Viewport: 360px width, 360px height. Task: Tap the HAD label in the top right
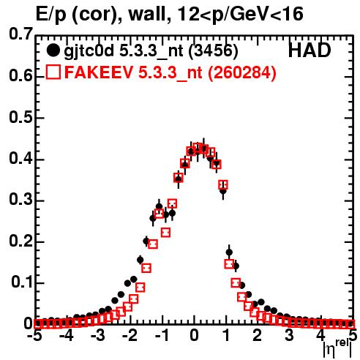pos(310,50)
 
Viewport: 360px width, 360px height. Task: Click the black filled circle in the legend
pos(53,50)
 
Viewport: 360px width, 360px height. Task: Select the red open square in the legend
pos(53,72)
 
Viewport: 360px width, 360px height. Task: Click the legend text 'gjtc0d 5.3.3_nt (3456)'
pos(151,51)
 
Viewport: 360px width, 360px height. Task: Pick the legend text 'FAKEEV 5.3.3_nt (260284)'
pos(170,72)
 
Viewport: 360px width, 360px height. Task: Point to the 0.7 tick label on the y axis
pos(21,34)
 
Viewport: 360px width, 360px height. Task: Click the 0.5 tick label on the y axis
pos(21,117)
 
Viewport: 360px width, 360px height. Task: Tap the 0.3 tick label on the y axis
pos(21,200)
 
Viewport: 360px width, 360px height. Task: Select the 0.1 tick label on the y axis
pos(22,282)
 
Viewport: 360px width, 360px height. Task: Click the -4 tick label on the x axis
pos(66,336)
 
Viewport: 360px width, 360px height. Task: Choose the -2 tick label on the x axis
pos(130,336)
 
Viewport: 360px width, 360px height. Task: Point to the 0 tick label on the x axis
pos(194,336)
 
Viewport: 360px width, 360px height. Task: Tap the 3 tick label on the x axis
pos(290,336)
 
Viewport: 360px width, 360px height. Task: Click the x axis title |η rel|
pos(338,349)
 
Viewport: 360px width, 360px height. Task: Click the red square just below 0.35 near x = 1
pos(223,185)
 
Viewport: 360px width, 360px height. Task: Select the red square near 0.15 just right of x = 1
pos(229,263)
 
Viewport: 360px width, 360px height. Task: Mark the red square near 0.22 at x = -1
pos(165,233)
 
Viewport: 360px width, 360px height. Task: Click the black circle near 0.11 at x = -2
pos(134,280)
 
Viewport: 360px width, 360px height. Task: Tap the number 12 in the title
pos(188,14)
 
